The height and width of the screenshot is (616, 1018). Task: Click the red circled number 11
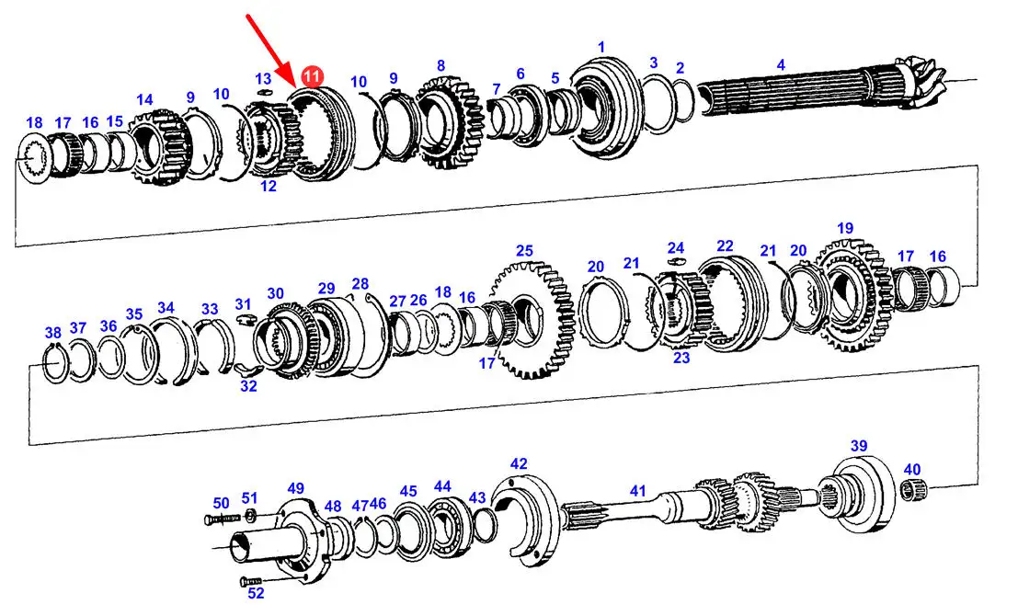click(313, 76)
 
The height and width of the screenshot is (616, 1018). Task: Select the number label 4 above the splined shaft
click(781, 64)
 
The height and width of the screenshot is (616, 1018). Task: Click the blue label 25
click(524, 251)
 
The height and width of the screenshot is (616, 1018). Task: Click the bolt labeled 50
click(222, 519)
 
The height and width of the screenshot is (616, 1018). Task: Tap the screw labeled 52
click(251, 579)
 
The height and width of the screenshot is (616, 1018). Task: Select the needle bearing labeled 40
click(915, 490)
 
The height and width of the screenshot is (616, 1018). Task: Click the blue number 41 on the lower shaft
click(638, 491)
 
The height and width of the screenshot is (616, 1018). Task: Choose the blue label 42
click(519, 463)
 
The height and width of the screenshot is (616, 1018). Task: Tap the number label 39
click(859, 446)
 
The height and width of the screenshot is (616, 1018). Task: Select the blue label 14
click(144, 99)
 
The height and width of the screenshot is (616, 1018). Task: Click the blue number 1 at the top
click(601, 47)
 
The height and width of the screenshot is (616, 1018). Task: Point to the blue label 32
click(248, 386)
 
